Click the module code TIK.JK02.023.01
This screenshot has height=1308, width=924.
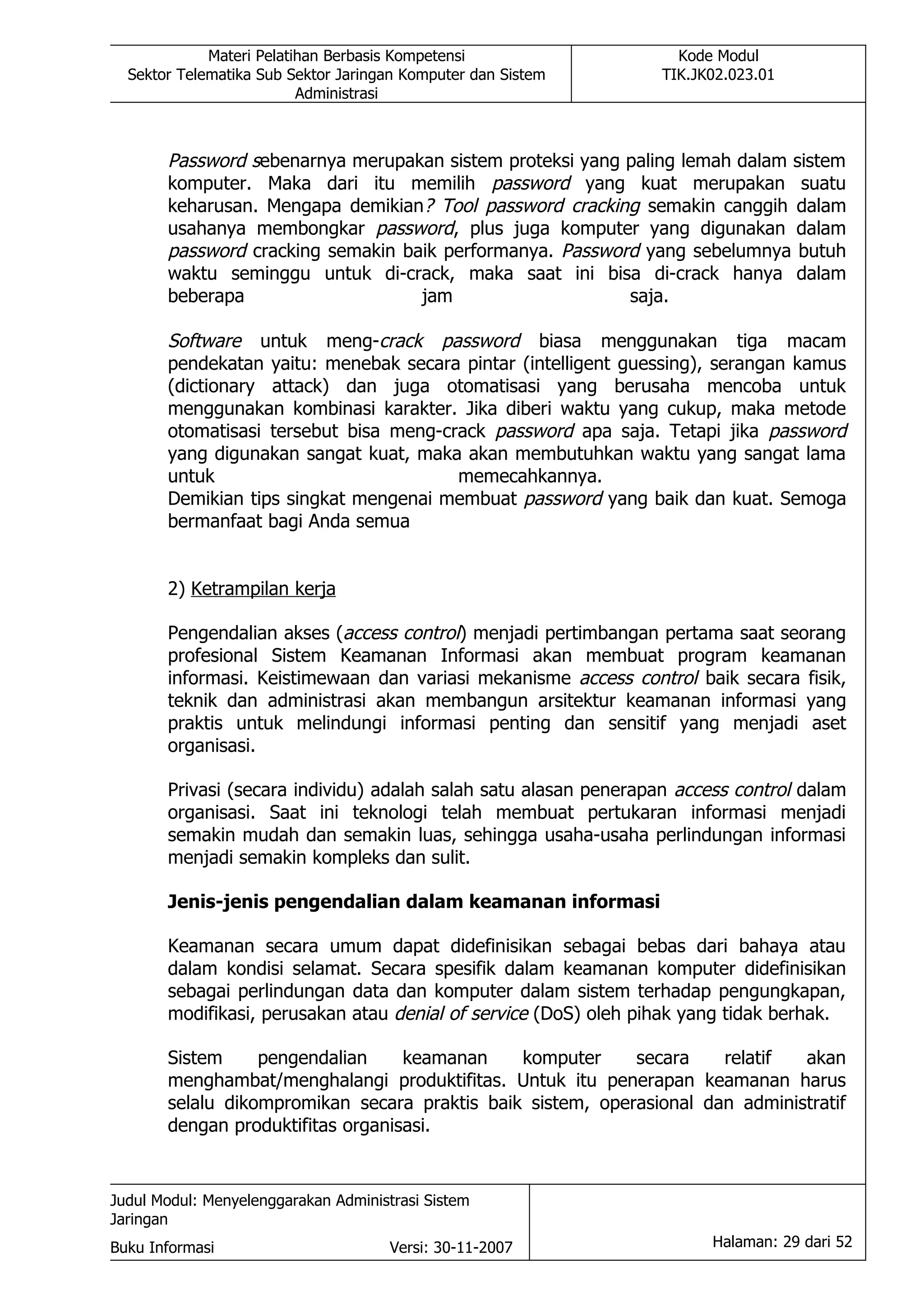point(718,74)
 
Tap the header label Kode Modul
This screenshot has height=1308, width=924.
point(718,56)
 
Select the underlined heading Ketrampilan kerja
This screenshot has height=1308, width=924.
point(263,589)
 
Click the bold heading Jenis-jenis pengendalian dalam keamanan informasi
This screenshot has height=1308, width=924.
point(413,902)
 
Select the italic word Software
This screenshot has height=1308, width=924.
point(204,341)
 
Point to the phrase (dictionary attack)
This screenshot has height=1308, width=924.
point(248,386)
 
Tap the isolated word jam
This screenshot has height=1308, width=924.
point(437,296)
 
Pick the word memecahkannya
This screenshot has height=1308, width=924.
point(530,476)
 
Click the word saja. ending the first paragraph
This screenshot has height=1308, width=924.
point(648,296)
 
